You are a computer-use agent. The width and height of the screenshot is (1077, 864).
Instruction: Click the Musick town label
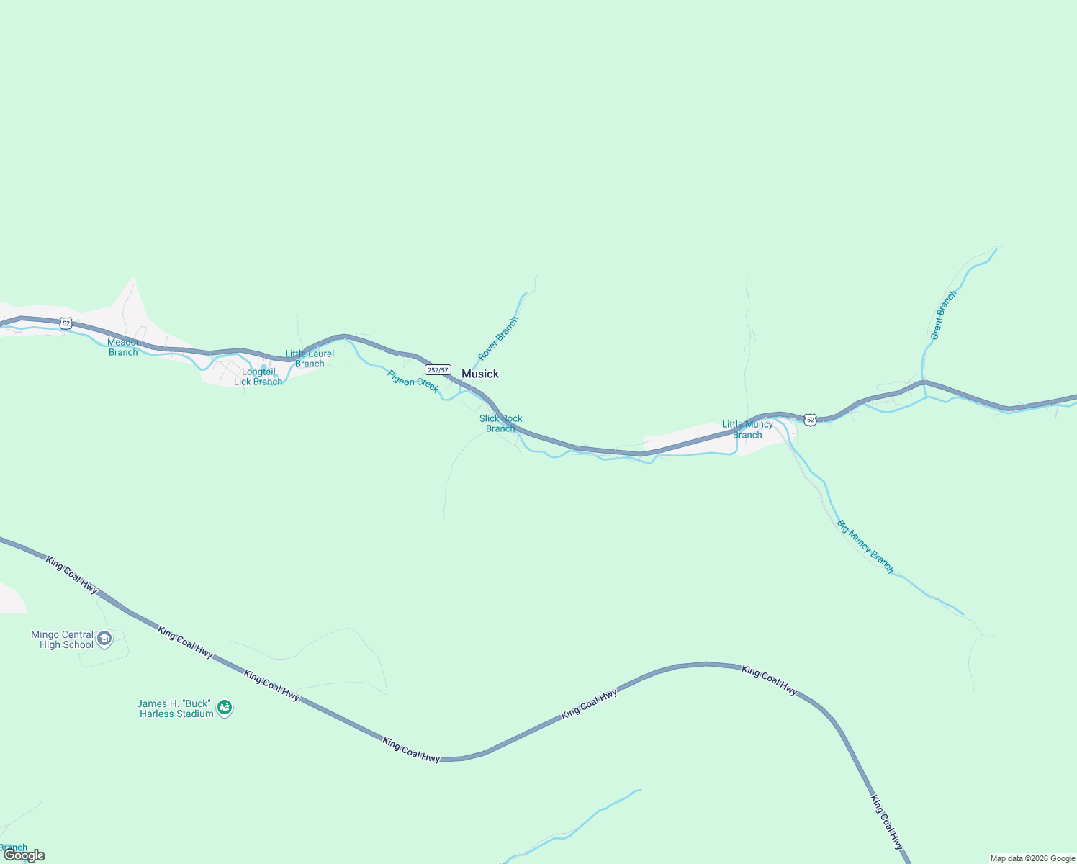[x=479, y=374]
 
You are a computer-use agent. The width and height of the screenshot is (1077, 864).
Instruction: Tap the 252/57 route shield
[x=438, y=370]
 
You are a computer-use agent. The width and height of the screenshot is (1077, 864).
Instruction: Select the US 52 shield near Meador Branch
[x=66, y=323]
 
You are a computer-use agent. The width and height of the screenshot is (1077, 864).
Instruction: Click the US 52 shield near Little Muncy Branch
[x=811, y=419]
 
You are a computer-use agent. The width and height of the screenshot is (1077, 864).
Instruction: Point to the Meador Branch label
[x=123, y=347]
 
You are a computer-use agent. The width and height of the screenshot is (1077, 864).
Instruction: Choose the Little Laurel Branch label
[x=310, y=359]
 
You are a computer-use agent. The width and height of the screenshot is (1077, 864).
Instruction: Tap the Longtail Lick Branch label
[x=258, y=377]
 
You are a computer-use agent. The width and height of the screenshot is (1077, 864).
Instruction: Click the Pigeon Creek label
[x=413, y=381]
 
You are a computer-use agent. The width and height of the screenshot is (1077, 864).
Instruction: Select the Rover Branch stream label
[x=498, y=338]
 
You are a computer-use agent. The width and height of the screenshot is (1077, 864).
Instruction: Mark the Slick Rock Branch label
[x=501, y=423]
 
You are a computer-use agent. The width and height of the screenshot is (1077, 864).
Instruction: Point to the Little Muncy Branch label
[x=747, y=429]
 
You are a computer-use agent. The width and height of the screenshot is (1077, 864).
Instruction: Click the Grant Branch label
[x=943, y=315]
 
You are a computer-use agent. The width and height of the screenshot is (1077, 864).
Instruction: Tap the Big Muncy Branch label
[x=865, y=546]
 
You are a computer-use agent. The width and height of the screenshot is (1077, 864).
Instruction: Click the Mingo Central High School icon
[x=104, y=639]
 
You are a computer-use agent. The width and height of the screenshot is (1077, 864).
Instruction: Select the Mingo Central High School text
[x=63, y=639]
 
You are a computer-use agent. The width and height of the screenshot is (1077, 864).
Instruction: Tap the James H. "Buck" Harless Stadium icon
[x=225, y=708]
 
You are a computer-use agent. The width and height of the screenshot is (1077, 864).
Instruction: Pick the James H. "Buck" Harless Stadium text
[x=176, y=708]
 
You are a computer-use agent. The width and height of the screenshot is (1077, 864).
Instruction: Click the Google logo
[x=24, y=855]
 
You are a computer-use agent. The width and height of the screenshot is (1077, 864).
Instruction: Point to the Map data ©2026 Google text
[x=1032, y=858]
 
